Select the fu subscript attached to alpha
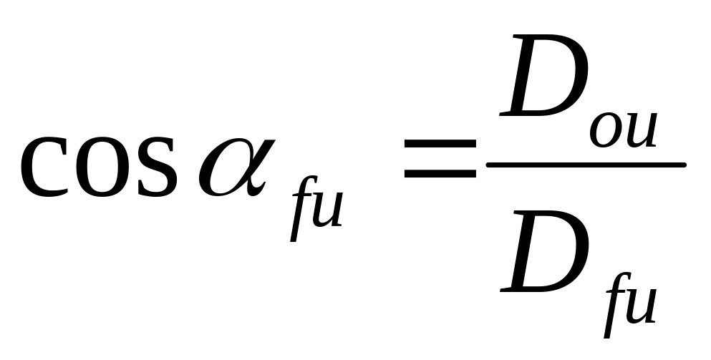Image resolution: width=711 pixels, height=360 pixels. click(x=314, y=208)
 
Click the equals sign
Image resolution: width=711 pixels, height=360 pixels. click(x=440, y=158)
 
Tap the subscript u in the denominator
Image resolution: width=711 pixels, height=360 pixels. click(x=640, y=306)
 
